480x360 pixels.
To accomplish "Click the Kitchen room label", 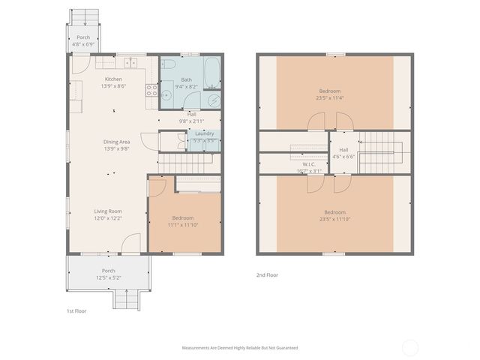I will point(113,79).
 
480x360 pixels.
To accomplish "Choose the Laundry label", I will point(204,133).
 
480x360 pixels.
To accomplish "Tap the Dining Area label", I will point(117,141).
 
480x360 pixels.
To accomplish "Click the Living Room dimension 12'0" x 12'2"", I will point(108,218).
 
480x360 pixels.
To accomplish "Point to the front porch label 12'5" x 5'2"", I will point(109,277).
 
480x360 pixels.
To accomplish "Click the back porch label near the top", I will point(83,37).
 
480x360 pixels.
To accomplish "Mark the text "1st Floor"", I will point(76,310).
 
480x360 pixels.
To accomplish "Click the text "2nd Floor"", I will point(267,274).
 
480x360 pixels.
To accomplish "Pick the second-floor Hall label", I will point(343,149).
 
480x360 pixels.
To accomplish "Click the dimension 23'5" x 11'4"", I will point(335,97).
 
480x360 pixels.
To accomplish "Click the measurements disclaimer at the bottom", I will point(240,347).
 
